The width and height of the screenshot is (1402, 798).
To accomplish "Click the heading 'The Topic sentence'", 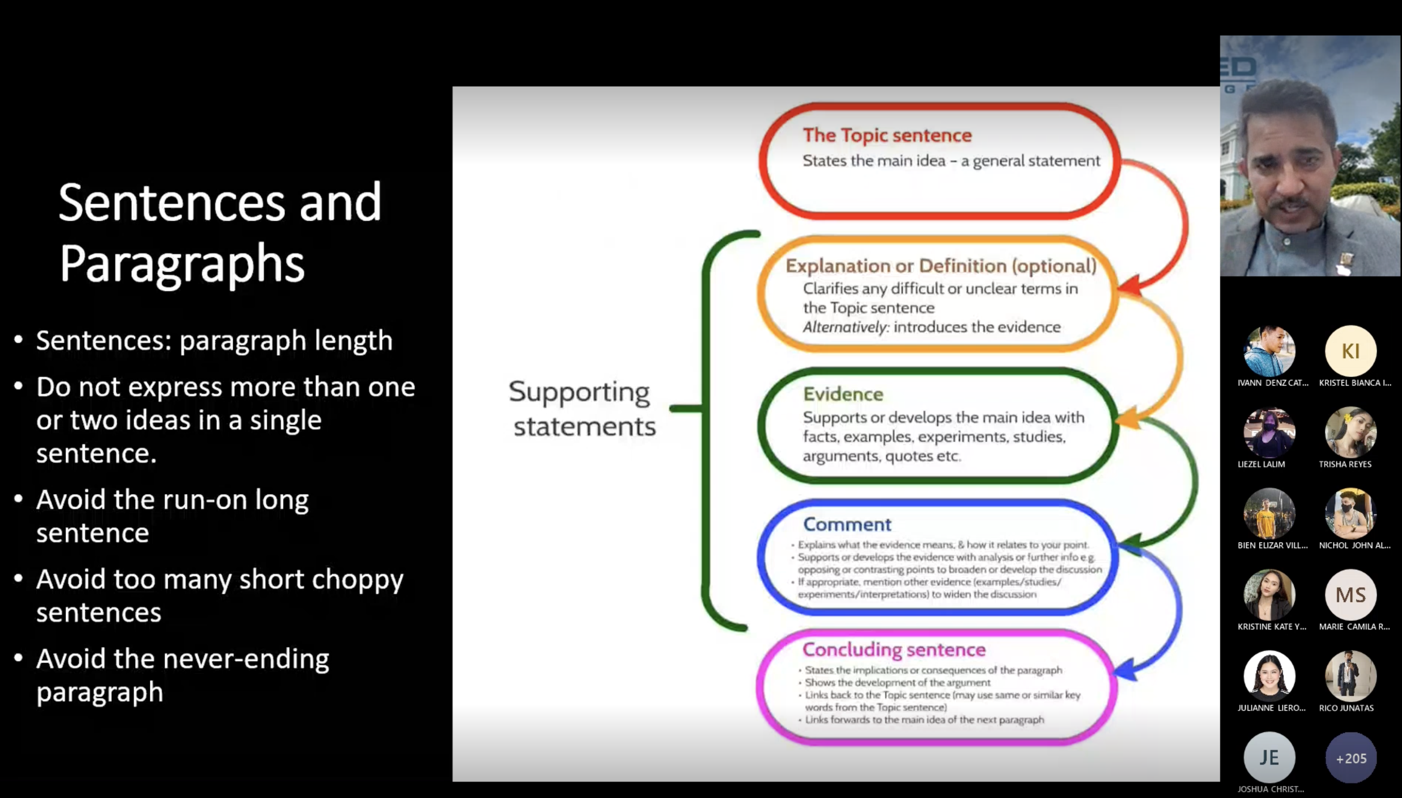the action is [x=887, y=135].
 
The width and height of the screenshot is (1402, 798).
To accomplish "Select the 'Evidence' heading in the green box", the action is [x=843, y=394].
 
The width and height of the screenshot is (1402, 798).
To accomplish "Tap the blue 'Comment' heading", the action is [x=847, y=525].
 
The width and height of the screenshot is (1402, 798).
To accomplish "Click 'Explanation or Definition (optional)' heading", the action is [x=941, y=266].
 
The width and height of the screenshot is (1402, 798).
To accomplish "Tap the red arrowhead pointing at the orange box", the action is [x=1130, y=286].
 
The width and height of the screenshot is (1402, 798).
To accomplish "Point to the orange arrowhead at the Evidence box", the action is [x=1128, y=419].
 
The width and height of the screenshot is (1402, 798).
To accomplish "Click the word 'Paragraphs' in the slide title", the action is [x=181, y=264].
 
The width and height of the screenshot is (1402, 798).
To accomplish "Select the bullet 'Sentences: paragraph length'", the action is [x=214, y=341].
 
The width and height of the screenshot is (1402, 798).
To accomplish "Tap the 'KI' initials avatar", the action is [x=1350, y=351].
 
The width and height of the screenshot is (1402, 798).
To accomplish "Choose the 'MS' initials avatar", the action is [x=1350, y=595].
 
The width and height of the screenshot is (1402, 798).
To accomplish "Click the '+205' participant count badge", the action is [x=1350, y=759].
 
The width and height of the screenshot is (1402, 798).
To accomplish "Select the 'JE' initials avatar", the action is [x=1269, y=758].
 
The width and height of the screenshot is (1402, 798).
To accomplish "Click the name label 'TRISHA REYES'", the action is [x=1345, y=464].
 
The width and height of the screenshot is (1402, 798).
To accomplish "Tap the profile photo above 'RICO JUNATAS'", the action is [x=1350, y=676].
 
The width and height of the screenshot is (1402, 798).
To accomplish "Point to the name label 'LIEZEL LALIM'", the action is [x=1261, y=464].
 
